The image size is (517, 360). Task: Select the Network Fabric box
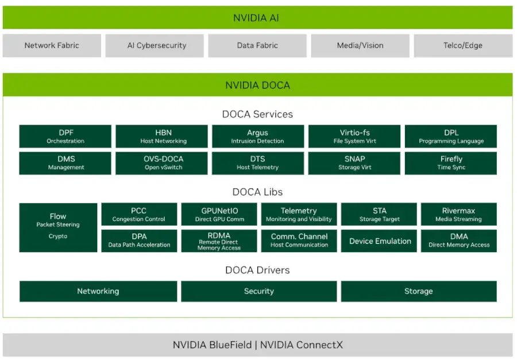52,45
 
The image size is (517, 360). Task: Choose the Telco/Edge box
463,45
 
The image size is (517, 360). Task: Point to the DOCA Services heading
257,114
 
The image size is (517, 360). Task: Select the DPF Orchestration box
65,137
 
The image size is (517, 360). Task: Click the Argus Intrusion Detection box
258,137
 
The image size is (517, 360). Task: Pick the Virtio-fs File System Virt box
354,137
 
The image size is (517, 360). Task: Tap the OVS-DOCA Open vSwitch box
161,163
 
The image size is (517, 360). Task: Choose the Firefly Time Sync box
451,163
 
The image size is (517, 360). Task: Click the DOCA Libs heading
257,192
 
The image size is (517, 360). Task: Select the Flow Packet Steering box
58,227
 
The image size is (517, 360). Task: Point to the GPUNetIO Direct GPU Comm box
219,214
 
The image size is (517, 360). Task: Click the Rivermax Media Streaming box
458,214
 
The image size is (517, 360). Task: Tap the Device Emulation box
380,241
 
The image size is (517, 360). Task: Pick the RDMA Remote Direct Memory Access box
219,241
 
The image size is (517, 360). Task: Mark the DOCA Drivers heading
257,270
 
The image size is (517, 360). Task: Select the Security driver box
258,291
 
